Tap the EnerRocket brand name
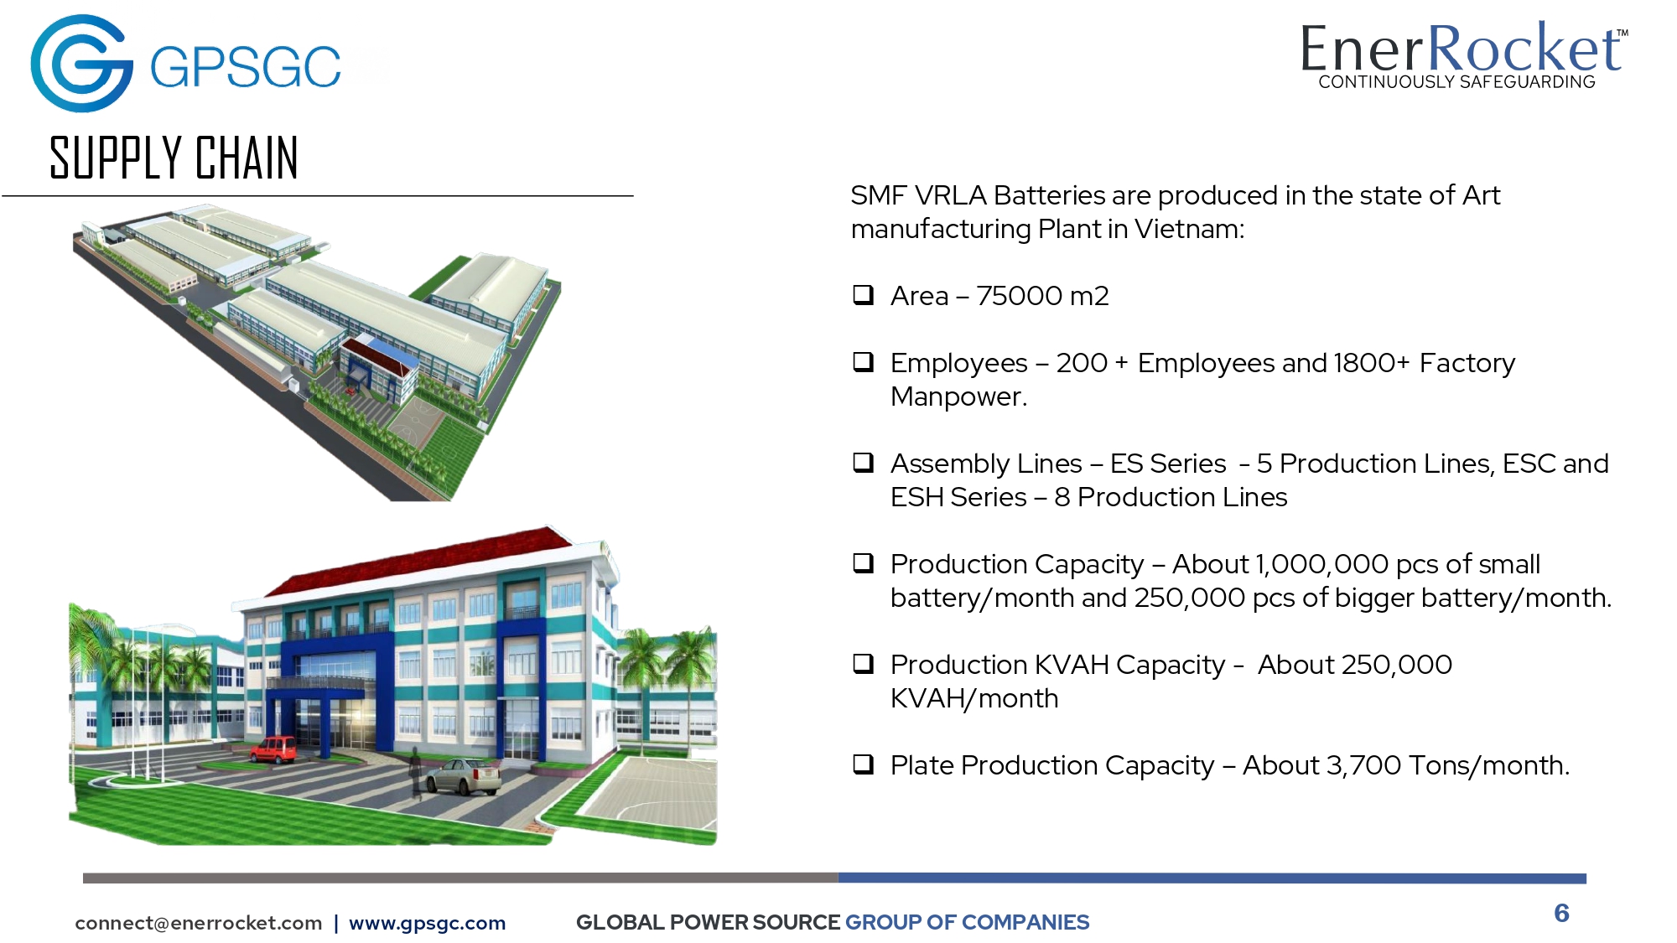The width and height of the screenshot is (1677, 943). click(1462, 49)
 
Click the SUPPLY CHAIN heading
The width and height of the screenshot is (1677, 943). click(174, 158)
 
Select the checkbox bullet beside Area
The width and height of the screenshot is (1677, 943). click(863, 295)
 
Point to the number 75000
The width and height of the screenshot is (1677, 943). click(1019, 296)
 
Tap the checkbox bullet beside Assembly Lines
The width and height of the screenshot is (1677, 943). click(863, 463)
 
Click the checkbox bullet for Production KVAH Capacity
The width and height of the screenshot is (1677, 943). click(863, 664)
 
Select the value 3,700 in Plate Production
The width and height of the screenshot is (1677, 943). click(1363, 766)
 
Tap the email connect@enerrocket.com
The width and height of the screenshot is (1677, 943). click(199, 923)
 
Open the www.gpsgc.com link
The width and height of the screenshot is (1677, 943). click(428, 923)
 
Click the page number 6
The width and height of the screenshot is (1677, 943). click(1561, 913)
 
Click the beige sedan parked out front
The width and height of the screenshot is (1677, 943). click(463, 775)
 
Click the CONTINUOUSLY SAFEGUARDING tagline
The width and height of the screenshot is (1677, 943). click(1456, 82)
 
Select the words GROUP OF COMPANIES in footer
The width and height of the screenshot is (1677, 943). click(967, 922)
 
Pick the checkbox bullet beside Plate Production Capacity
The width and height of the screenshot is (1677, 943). click(863, 764)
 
